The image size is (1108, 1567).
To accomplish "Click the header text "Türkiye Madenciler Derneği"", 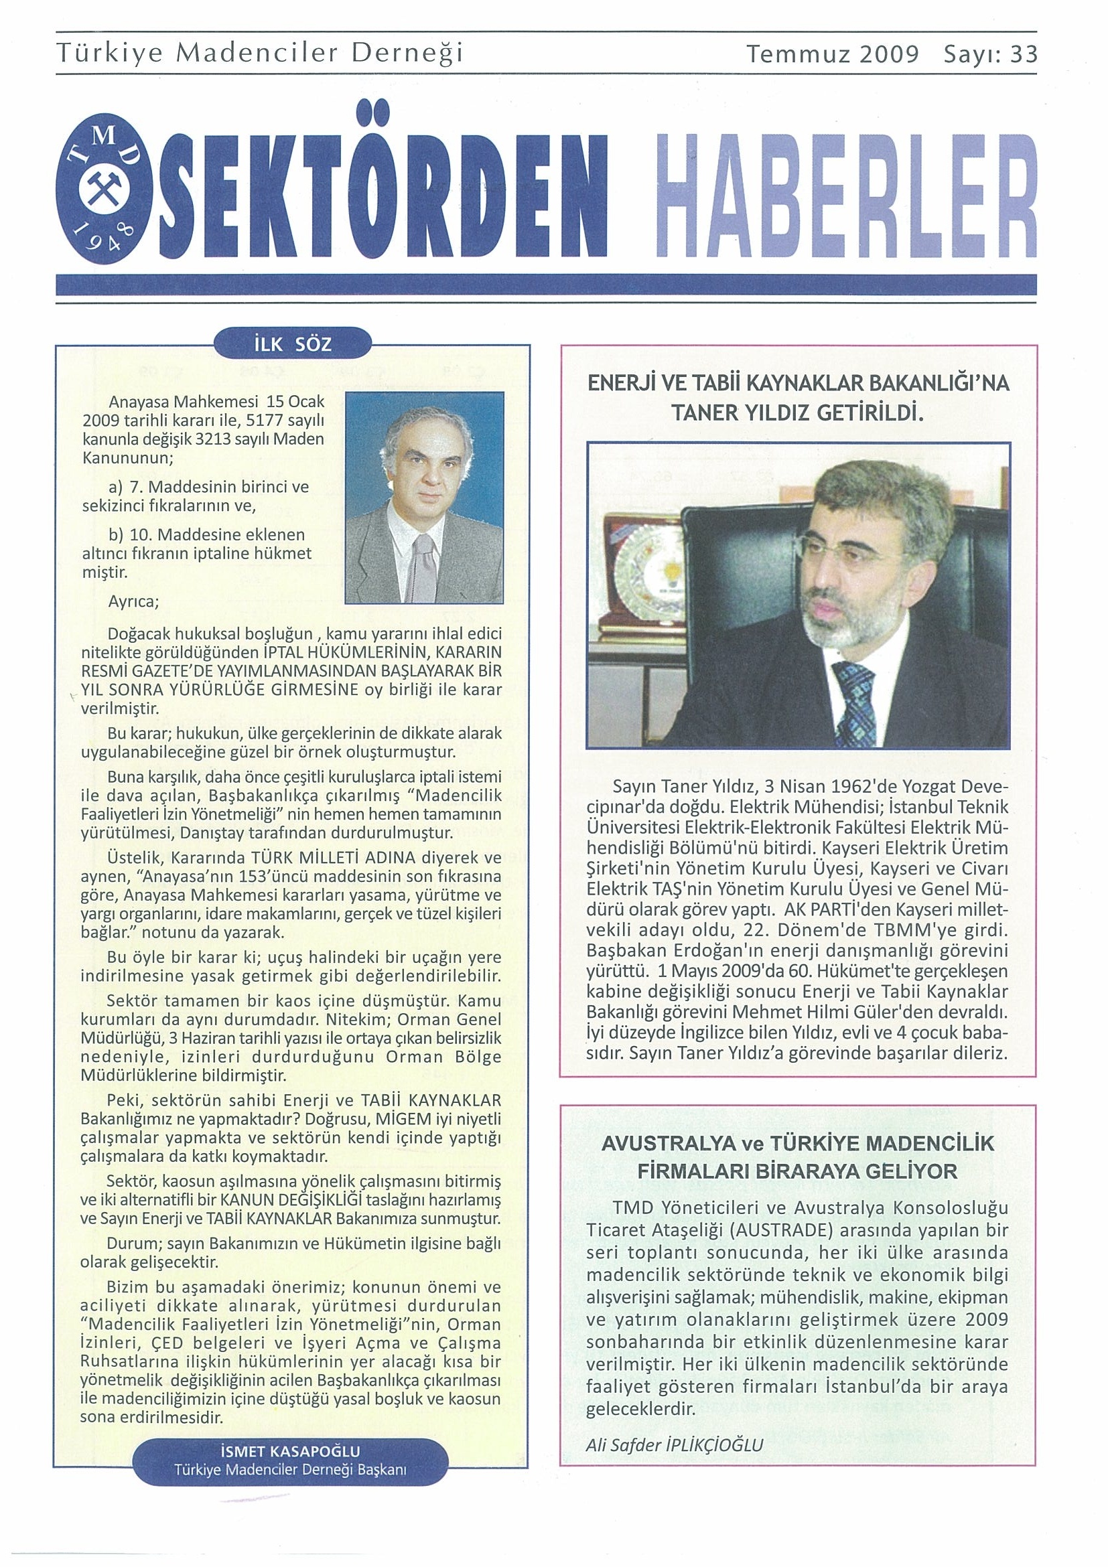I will (x=260, y=53).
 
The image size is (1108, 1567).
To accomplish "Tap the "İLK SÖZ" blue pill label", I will (x=292, y=345).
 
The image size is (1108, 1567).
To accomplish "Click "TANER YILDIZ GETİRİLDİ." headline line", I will (x=797, y=413).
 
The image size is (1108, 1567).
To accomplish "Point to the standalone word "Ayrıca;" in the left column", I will (x=133, y=602).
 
